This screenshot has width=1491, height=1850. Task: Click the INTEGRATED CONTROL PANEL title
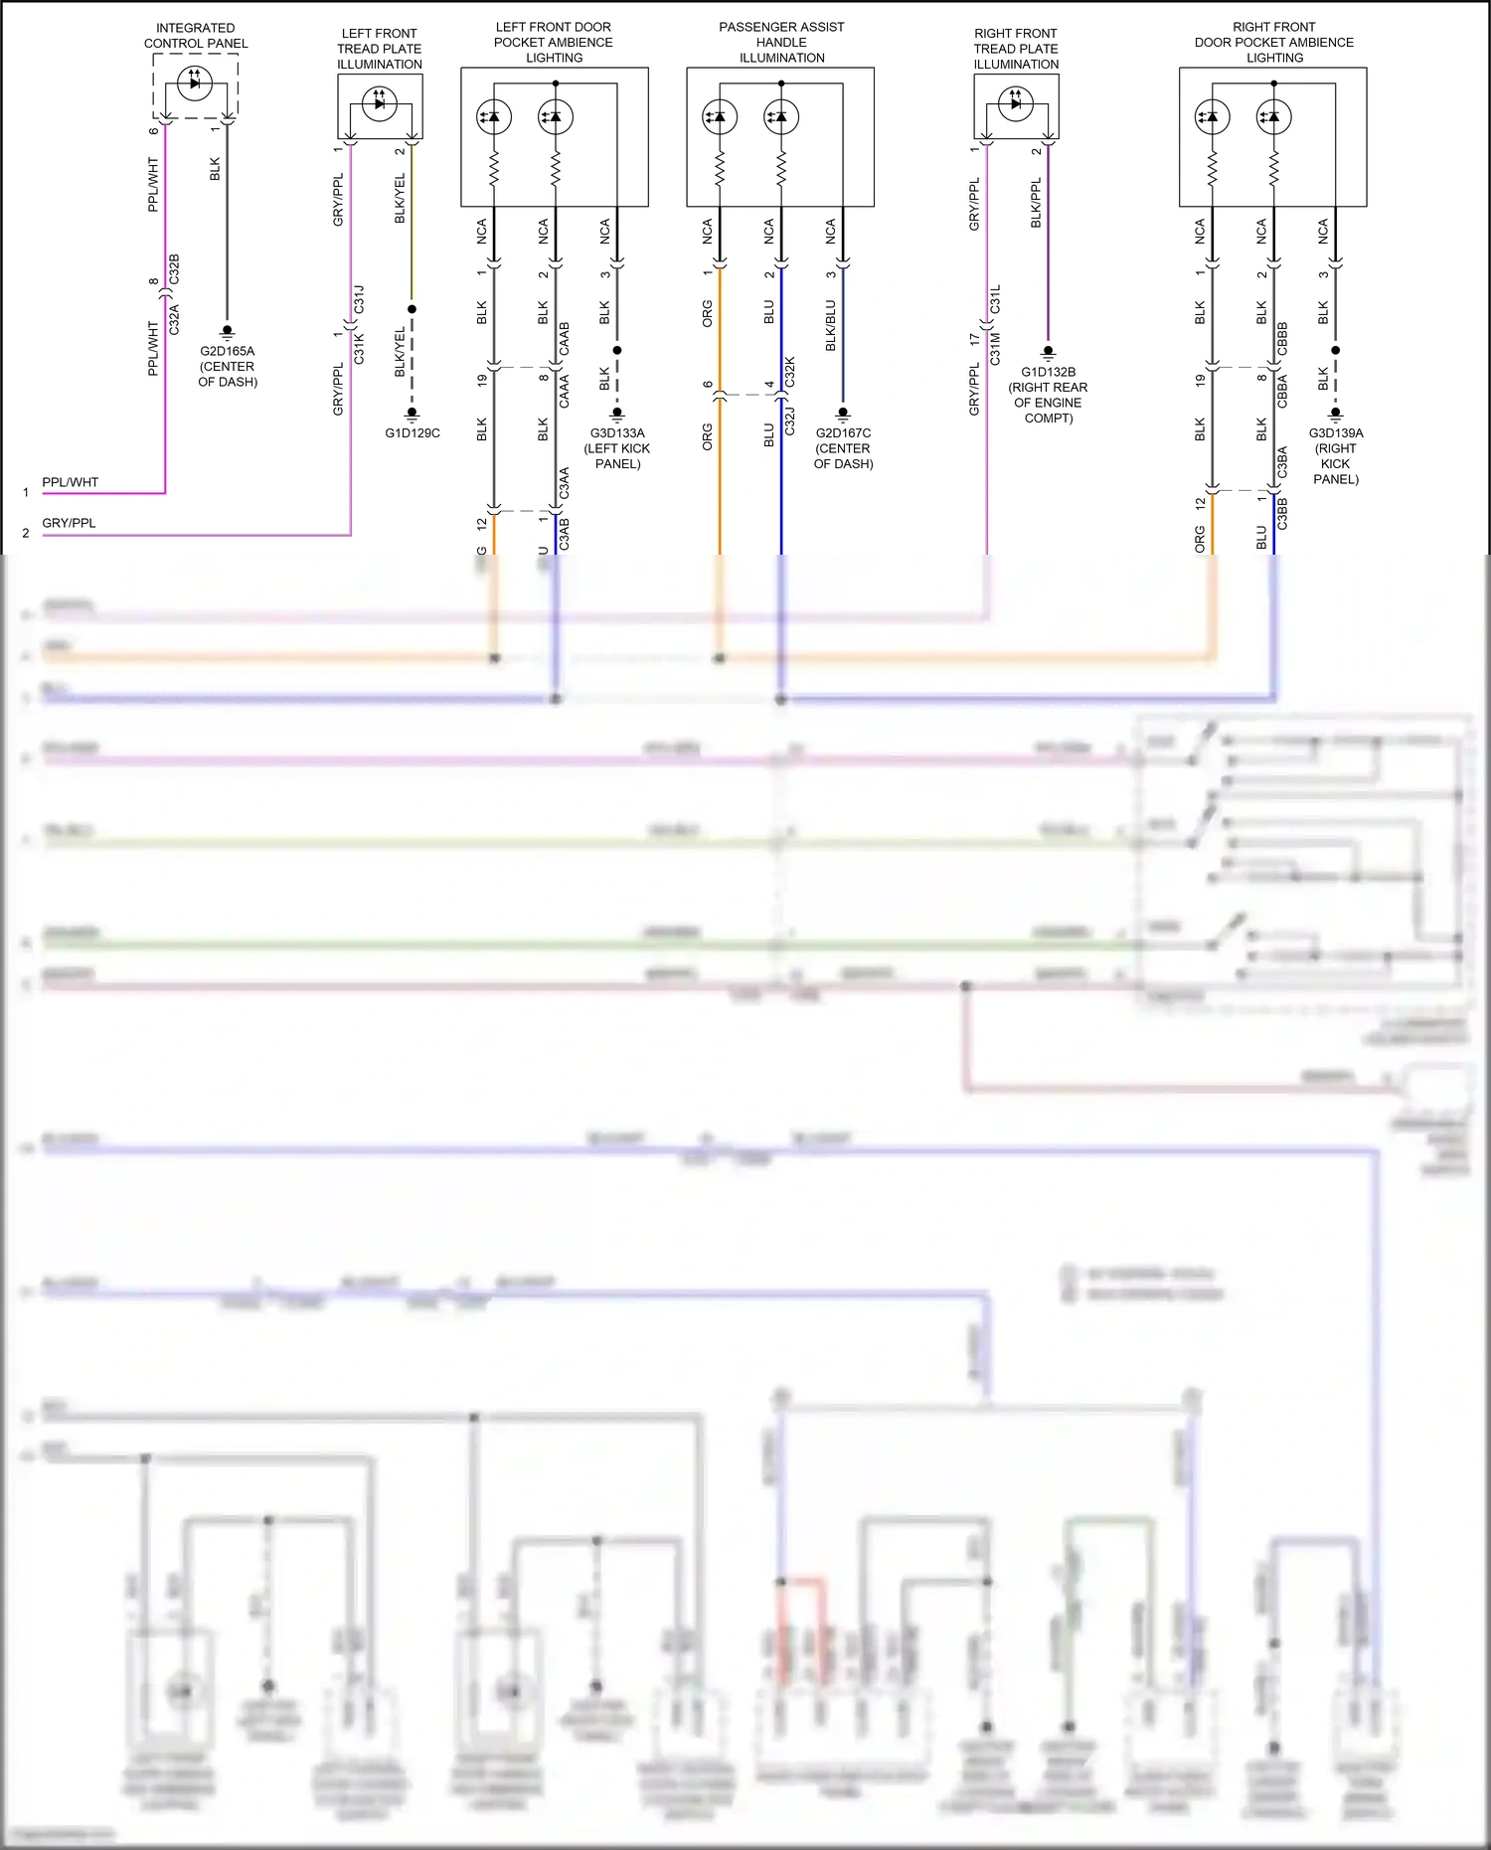click(196, 36)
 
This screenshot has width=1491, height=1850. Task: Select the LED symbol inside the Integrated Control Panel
click(195, 83)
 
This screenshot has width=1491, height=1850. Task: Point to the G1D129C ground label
click(413, 433)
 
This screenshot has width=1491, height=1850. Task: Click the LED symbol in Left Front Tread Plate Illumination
click(379, 102)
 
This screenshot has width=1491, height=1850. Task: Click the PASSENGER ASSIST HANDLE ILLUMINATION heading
click(781, 42)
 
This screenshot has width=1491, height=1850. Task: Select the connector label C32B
click(175, 269)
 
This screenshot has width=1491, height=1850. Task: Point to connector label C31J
click(360, 298)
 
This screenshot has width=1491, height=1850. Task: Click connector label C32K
click(790, 372)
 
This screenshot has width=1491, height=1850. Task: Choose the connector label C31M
click(996, 349)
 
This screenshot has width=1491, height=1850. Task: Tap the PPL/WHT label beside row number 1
click(70, 482)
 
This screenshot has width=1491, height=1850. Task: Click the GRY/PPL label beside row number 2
click(69, 523)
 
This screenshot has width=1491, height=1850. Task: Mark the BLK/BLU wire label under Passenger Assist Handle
click(831, 325)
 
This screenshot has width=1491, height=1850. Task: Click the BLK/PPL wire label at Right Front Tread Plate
click(1036, 203)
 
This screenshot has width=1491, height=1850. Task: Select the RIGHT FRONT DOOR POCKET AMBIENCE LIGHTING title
click(1273, 42)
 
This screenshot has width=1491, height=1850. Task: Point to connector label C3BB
click(1282, 514)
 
